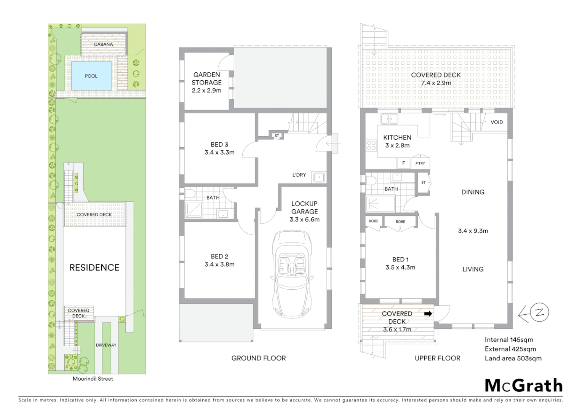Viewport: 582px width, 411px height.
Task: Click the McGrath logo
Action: click(524, 386)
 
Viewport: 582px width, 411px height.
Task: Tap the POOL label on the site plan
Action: click(91, 76)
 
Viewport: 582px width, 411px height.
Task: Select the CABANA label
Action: click(103, 45)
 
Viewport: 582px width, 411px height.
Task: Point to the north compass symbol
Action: click(539, 313)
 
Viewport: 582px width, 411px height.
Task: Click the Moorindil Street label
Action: click(93, 379)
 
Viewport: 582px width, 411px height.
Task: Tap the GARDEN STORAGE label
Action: click(206, 79)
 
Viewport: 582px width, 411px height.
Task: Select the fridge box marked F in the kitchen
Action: click(403, 163)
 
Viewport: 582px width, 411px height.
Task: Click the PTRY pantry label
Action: click(420, 163)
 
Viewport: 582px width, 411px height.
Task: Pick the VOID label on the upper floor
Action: click(497, 122)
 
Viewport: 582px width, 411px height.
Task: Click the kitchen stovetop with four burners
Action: click(371, 145)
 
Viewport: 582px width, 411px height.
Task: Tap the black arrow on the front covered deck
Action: click(428, 314)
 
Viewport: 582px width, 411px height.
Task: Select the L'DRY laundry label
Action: click(299, 175)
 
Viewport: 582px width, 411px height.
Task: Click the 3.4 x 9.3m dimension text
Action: click(473, 231)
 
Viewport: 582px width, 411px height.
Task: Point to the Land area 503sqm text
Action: click(513, 358)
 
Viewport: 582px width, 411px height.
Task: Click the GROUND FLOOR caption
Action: click(258, 358)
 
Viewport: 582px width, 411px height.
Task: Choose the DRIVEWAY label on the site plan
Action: click(106, 345)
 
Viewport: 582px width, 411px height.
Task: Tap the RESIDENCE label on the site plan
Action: click(94, 268)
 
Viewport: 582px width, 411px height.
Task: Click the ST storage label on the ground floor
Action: click(277, 135)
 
